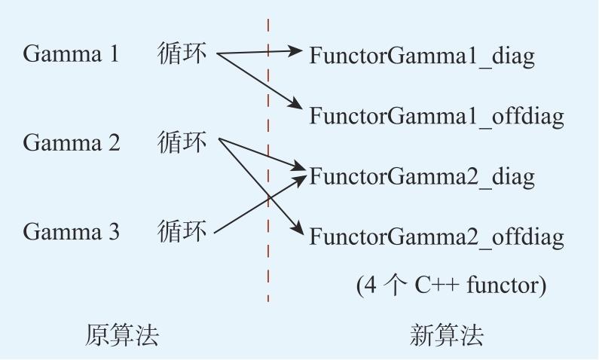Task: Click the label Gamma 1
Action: pyautogui.click(x=71, y=53)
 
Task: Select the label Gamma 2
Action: pyautogui.click(x=72, y=142)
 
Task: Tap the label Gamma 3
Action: pyautogui.click(x=71, y=231)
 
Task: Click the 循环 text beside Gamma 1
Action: pyautogui.click(x=182, y=53)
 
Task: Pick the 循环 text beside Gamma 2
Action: pyautogui.click(x=182, y=142)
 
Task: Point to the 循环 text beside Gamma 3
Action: pyautogui.click(x=182, y=231)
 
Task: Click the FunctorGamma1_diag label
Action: pyautogui.click(x=421, y=56)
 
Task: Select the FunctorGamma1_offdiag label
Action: pyautogui.click(x=436, y=117)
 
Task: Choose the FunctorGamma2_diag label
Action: pyautogui.click(x=421, y=177)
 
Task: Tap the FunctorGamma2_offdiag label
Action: pyautogui.click(x=436, y=236)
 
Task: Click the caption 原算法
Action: pyautogui.click(x=121, y=336)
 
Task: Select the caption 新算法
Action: pyautogui.click(x=446, y=336)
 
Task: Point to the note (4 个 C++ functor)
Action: pyautogui.click(x=451, y=285)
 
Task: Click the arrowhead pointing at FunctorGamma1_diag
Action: pyautogui.click(x=295, y=50)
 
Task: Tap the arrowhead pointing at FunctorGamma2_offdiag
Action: pyautogui.click(x=297, y=228)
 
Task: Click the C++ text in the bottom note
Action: pyautogui.click(x=437, y=285)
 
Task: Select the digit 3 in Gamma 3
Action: pyautogui.click(x=114, y=231)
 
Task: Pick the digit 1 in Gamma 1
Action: pyautogui.click(x=115, y=53)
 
